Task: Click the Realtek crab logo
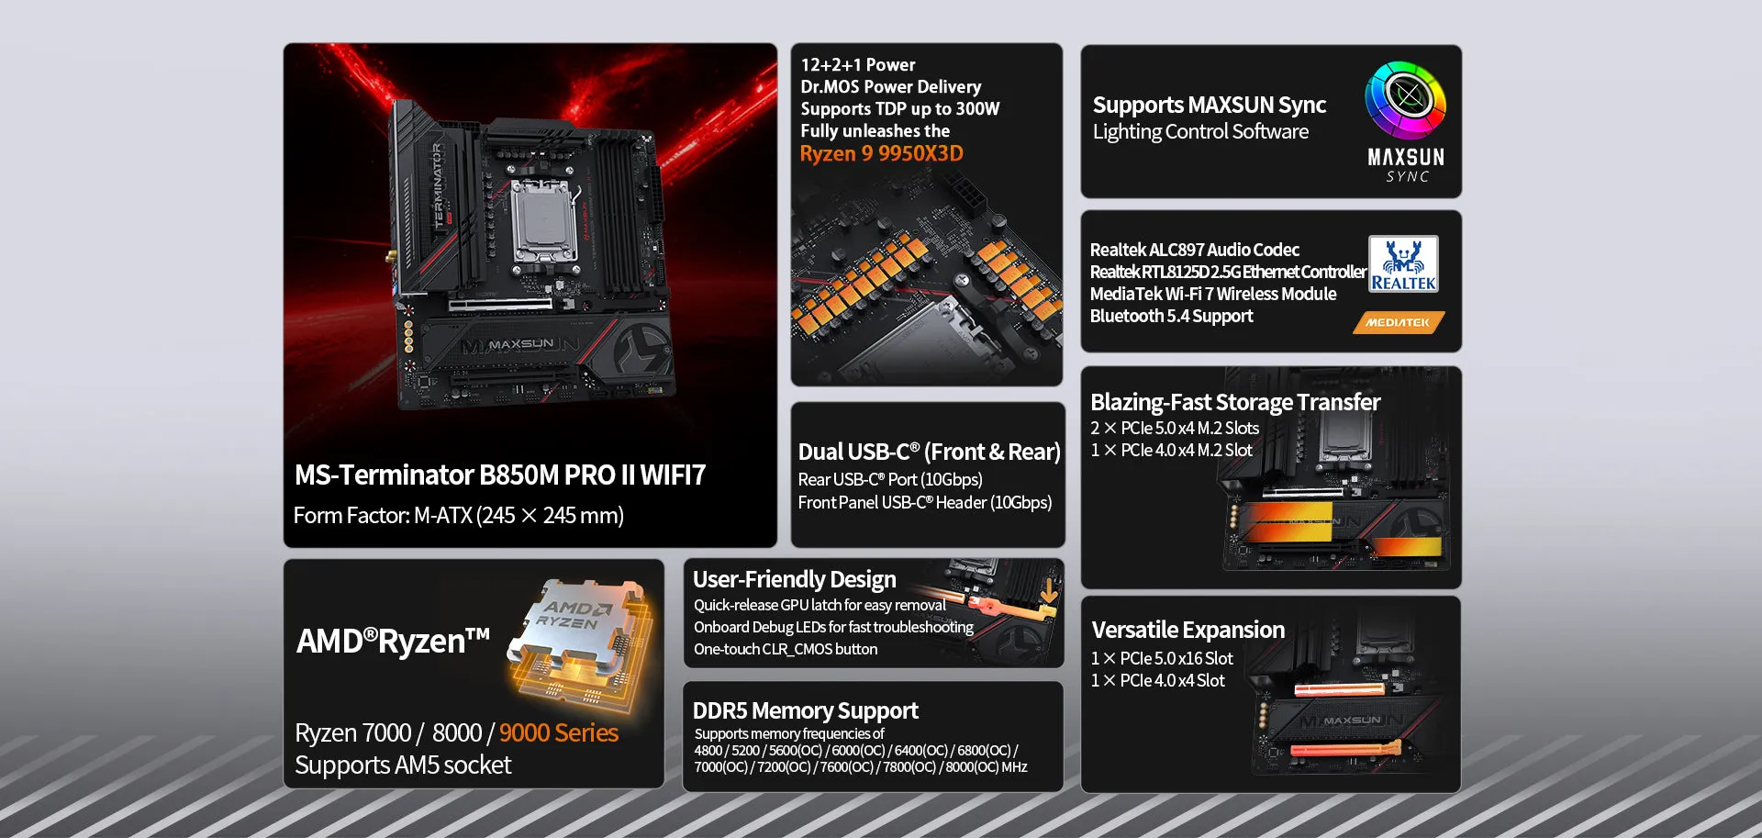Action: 1403,263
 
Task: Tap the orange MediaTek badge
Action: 1398,322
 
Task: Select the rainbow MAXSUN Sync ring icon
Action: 1405,99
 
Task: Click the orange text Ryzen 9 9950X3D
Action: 881,154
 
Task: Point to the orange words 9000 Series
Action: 558,732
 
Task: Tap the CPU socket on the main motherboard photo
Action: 545,221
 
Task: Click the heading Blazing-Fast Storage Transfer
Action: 1234,402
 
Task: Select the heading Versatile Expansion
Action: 1188,630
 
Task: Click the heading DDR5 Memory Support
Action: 805,710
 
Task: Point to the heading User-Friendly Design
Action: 794,579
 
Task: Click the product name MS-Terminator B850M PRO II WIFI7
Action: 499,475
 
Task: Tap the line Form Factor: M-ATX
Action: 458,516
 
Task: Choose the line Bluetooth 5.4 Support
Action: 1171,316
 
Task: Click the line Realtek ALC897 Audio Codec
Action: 1194,250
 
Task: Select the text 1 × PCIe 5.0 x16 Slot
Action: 1161,658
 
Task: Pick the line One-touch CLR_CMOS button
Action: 785,649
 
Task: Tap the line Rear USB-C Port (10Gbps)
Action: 889,479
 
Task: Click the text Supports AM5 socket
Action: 403,765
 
